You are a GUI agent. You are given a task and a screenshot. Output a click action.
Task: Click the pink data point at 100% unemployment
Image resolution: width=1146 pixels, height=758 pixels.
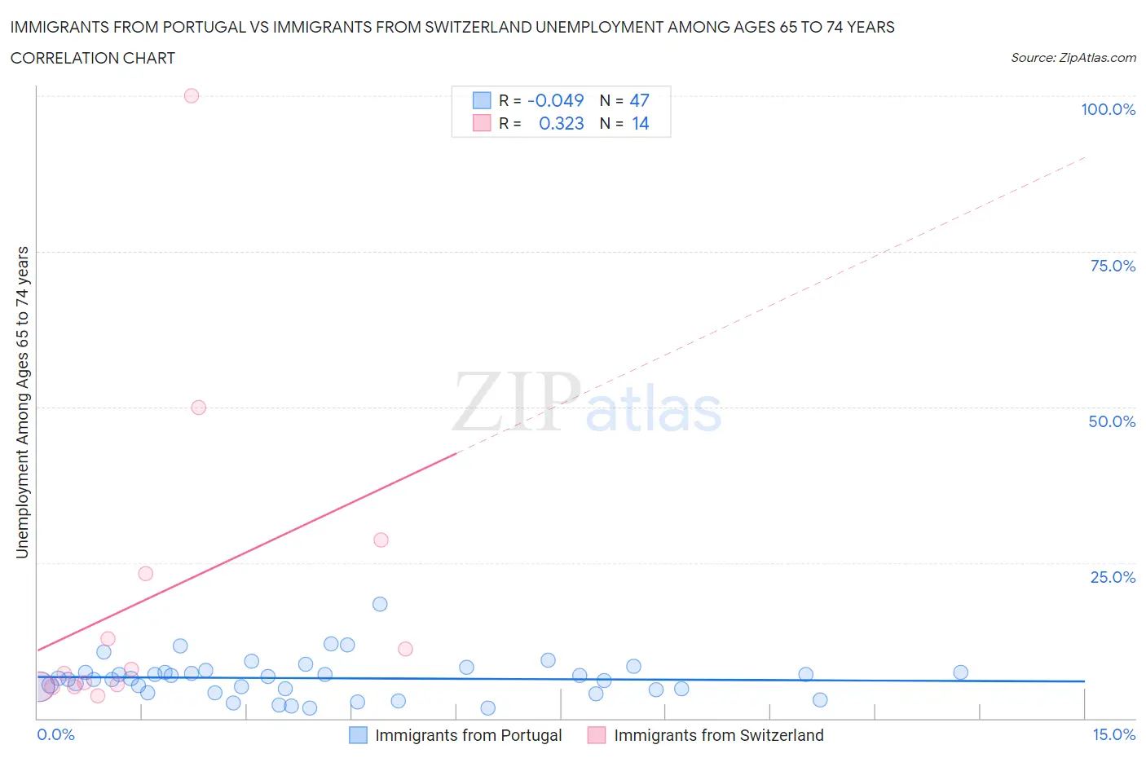click(x=192, y=95)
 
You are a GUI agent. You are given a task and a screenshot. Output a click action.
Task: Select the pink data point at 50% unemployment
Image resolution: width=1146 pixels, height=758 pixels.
click(x=199, y=408)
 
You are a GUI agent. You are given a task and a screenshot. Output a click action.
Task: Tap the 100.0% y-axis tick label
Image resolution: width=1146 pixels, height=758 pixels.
click(x=1108, y=109)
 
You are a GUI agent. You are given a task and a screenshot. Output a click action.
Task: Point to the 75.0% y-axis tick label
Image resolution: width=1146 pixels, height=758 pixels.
click(x=1113, y=266)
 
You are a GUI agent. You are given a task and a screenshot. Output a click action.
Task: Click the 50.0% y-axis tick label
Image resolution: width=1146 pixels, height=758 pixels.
click(x=1112, y=421)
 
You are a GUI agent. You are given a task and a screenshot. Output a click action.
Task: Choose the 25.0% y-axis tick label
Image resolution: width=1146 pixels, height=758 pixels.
click(x=1113, y=577)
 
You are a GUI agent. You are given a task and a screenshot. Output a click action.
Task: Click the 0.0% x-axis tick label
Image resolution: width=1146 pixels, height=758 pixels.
click(x=55, y=734)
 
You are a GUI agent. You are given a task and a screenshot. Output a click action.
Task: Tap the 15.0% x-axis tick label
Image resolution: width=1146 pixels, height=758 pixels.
click(x=1113, y=734)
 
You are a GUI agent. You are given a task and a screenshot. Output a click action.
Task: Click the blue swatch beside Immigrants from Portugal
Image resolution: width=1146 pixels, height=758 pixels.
click(x=358, y=735)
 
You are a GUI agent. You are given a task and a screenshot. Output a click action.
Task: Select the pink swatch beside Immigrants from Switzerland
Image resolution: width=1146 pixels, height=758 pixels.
click(x=597, y=735)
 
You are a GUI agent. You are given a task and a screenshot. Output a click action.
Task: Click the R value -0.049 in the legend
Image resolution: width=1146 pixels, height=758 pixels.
click(x=556, y=100)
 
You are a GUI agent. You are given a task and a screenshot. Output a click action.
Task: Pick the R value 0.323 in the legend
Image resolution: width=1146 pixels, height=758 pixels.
click(x=562, y=123)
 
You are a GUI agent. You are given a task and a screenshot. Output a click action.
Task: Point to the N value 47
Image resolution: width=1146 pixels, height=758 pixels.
click(x=640, y=100)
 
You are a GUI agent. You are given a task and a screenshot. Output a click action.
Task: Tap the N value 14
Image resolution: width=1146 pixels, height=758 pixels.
click(x=641, y=123)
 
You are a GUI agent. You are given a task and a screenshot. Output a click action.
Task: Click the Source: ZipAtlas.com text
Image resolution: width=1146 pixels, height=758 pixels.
click(x=1073, y=58)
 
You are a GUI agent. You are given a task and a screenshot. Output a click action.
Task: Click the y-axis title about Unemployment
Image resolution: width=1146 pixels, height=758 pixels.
click(x=22, y=403)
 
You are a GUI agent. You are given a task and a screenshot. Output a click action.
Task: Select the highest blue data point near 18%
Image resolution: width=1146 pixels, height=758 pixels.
click(x=380, y=604)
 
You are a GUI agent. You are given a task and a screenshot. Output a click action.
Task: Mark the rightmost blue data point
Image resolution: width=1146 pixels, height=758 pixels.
click(x=961, y=672)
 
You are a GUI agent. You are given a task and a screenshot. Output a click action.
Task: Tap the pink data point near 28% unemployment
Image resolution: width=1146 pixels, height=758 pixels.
click(x=381, y=540)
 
